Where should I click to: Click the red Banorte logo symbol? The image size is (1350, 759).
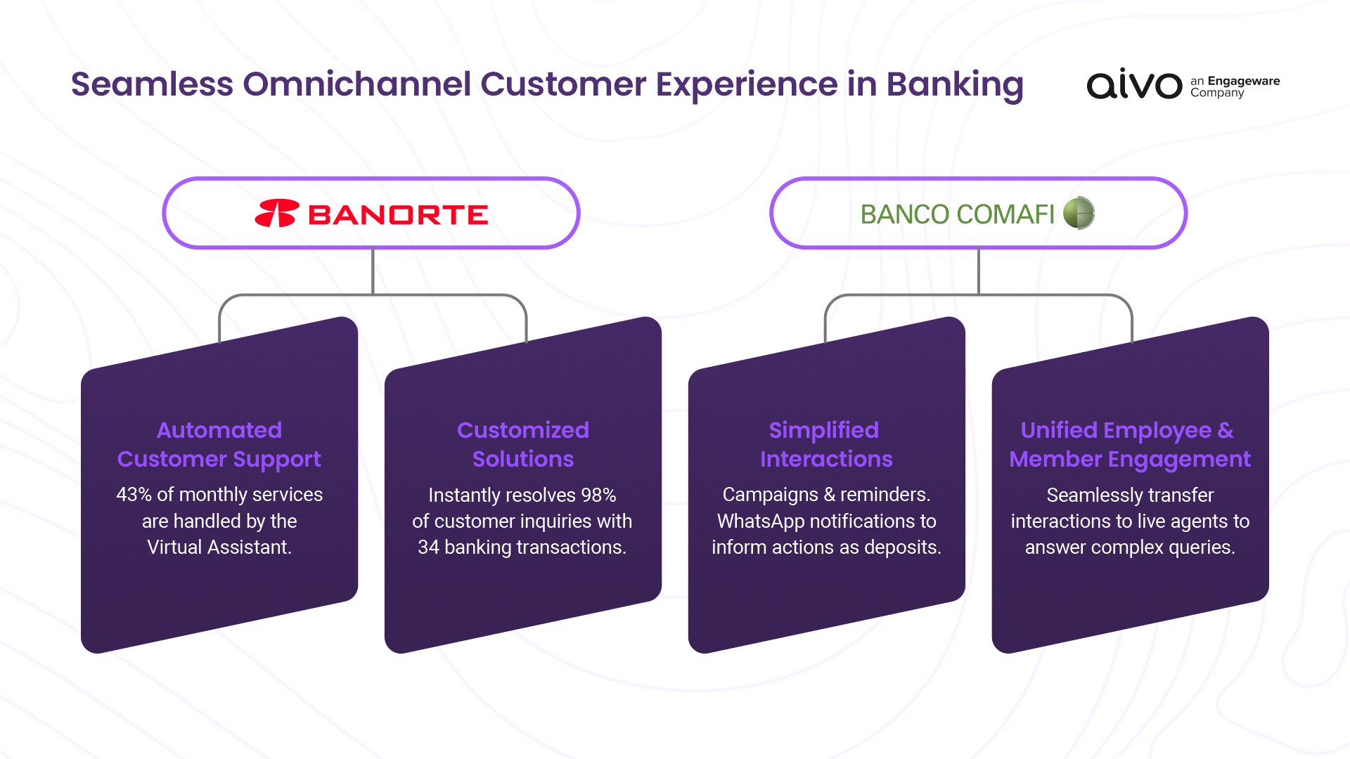point(277,214)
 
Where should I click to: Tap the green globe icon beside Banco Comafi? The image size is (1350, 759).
point(1079,213)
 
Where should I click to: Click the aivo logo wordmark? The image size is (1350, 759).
point(1134,85)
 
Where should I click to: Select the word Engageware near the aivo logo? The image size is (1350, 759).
point(1243,81)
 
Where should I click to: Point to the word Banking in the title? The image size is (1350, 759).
point(954,84)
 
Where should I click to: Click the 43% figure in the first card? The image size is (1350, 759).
point(134,495)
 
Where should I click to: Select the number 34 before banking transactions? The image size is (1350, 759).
point(428,547)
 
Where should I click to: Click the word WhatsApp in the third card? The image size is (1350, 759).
point(761,521)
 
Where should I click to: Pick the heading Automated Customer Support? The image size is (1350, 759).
point(219,444)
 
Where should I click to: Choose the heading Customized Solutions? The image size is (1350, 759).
point(522,444)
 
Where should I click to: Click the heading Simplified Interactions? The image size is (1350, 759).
point(825,444)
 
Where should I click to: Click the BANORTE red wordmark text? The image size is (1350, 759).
point(398,215)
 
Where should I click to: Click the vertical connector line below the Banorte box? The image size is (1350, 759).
point(373,271)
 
